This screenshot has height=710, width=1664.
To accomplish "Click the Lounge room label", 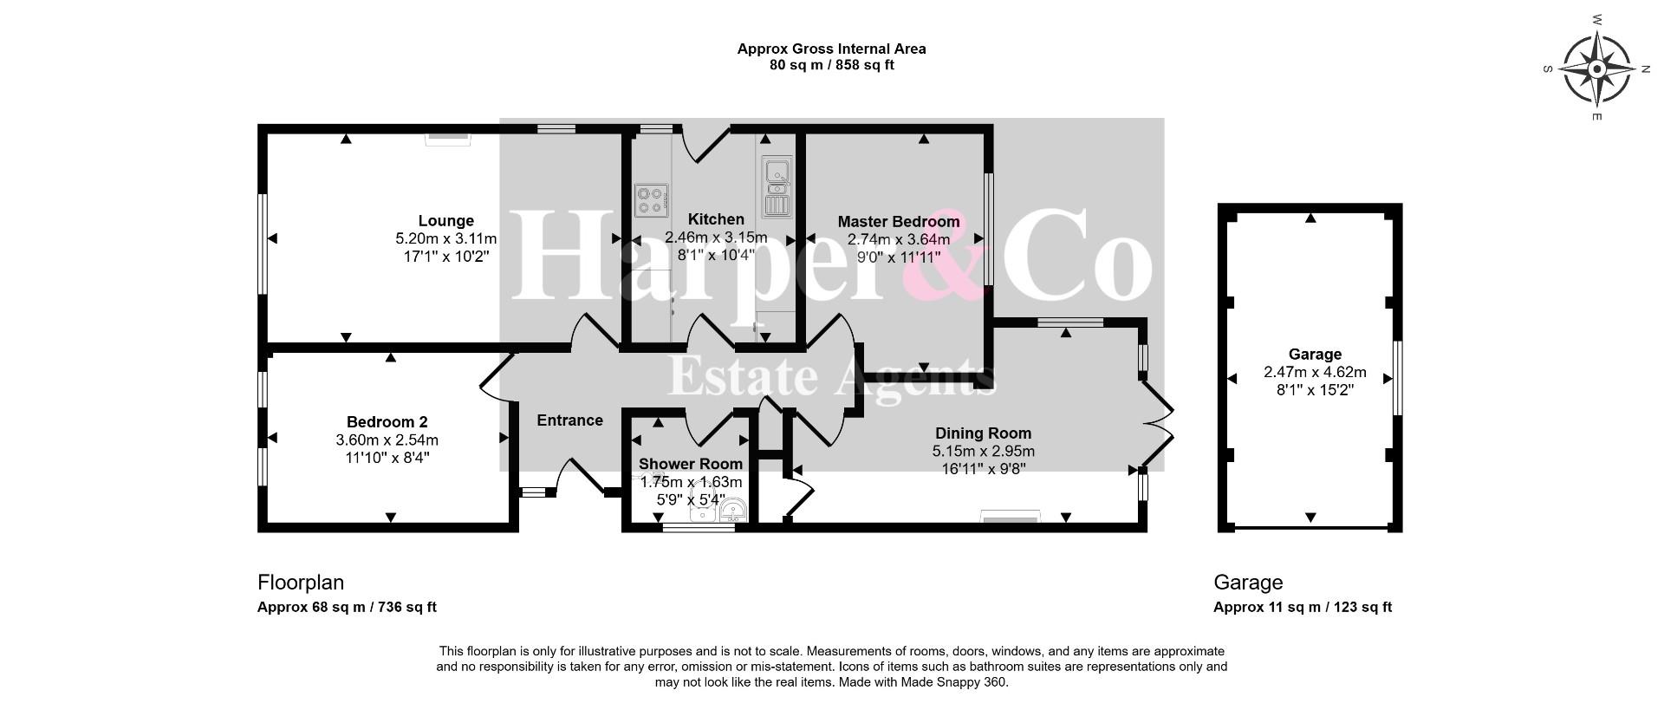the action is [x=445, y=221].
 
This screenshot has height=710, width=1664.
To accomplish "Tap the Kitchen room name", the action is [x=716, y=219].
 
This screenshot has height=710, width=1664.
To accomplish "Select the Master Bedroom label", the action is [x=899, y=222].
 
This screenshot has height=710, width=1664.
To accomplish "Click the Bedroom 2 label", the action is [x=387, y=422].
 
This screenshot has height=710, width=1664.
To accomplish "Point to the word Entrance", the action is [x=569, y=420].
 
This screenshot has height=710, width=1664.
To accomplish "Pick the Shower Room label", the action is [x=691, y=464].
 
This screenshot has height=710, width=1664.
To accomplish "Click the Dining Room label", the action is [x=983, y=433].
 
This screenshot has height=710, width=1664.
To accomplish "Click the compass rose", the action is [x=1596, y=68].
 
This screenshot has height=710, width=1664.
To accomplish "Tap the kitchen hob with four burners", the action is [x=650, y=200].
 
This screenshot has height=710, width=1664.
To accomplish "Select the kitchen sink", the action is [x=777, y=186].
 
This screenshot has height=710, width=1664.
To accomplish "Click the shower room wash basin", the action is [x=732, y=511].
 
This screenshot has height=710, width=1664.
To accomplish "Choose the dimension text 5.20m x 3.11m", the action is [x=445, y=238].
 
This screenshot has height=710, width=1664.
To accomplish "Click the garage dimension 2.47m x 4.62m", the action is [x=1315, y=373].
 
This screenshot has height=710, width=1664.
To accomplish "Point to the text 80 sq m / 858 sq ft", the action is [x=832, y=65].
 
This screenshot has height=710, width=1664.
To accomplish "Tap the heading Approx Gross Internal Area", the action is [x=832, y=49].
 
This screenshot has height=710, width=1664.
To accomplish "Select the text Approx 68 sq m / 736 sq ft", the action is [x=347, y=607].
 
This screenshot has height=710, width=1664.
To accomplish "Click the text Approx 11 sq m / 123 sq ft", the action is [x=1303, y=607].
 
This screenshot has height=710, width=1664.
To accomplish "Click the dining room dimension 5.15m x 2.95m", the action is [x=983, y=452].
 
